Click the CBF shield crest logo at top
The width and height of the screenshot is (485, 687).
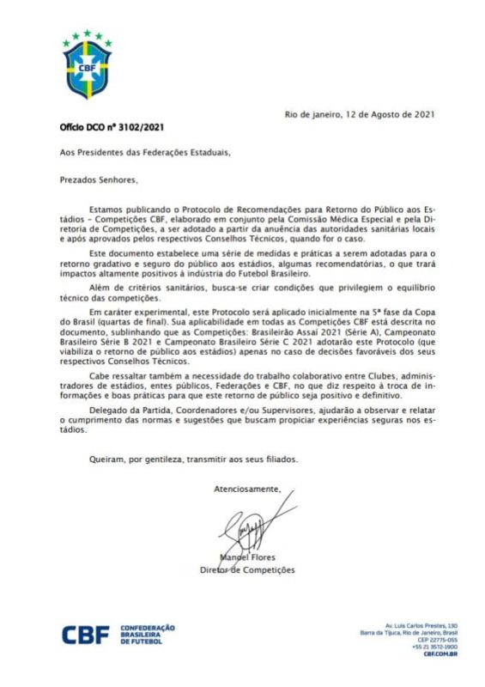[88, 64]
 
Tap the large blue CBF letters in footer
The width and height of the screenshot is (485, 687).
[85, 635]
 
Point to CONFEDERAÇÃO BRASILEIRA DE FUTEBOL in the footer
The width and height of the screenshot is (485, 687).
[148, 635]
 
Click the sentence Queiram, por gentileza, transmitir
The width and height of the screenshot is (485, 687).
[166, 459]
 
